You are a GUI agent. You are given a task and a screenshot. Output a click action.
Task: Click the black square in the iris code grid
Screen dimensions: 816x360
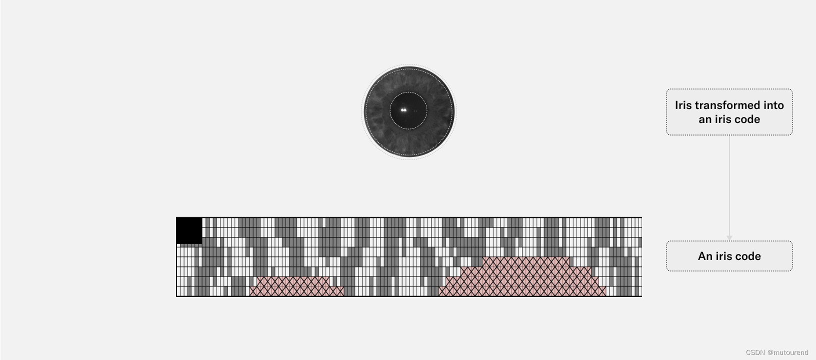[x=189, y=230]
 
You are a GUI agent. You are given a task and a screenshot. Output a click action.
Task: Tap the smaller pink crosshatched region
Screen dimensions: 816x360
[x=296, y=286]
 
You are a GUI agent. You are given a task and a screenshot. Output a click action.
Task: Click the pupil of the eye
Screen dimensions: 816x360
[x=408, y=110]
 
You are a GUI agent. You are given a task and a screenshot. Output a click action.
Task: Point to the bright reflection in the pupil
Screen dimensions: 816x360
[x=403, y=109]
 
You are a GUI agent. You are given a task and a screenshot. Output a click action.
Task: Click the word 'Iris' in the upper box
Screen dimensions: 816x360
[x=683, y=105]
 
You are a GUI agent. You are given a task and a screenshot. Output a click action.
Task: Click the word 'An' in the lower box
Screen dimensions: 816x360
[x=704, y=256]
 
